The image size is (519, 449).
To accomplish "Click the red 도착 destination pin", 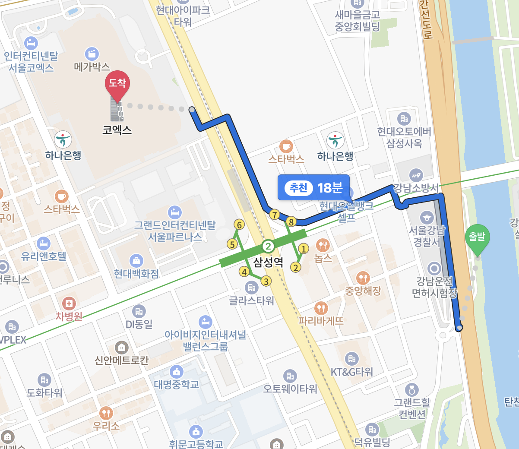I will click(117, 84).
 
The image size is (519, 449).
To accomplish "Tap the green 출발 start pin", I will click(477, 237).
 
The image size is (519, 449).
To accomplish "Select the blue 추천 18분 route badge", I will click(313, 187).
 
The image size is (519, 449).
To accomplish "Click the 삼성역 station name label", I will click(268, 262).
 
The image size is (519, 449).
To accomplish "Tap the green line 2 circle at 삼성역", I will click(268, 247).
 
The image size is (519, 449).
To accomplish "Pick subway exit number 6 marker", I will click(239, 224).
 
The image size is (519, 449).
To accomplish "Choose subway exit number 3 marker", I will click(266, 281).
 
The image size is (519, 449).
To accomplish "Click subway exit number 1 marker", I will click(304, 249).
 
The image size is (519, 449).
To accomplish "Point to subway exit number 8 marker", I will click(291, 222).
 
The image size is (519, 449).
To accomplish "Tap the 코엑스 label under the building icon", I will click(117, 130).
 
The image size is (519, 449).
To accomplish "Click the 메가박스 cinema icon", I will click(92, 54).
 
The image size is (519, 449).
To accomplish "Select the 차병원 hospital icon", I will click(69, 304).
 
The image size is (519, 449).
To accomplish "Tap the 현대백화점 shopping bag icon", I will click(136, 260).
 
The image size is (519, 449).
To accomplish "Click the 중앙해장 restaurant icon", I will click(363, 278).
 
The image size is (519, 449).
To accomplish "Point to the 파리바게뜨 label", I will click(321, 321).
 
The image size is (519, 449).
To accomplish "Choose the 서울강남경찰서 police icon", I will click(427, 217).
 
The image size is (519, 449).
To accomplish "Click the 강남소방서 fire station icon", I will click(416, 175).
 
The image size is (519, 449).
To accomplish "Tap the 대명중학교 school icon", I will click(176, 371).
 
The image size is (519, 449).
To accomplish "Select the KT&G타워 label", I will click(351, 372).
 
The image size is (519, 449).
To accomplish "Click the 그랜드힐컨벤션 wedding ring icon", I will click(412, 390).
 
